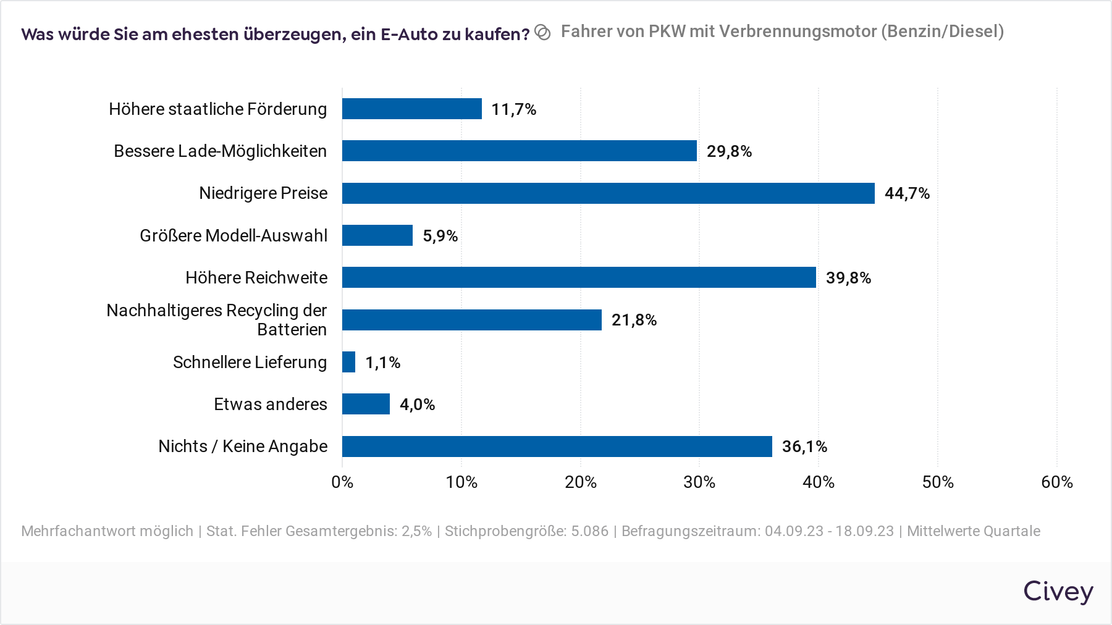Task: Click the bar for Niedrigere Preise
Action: pyautogui.click(x=608, y=193)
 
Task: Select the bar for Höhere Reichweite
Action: pyautogui.click(x=579, y=277)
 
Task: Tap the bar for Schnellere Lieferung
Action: pyautogui.click(x=349, y=362)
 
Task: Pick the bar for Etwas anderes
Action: pyautogui.click(x=366, y=404)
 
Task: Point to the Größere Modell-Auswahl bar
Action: pyautogui.click(x=377, y=235)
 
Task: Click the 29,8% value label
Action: pyautogui.click(x=729, y=151)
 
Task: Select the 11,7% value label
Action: pyautogui.click(x=513, y=109)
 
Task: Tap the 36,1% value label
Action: pyautogui.click(x=804, y=447)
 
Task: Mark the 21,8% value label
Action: pyautogui.click(x=634, y=320)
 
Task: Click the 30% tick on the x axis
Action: pyautogui.click(x=699, y=482)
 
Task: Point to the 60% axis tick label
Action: pyautogui.click(x=1056, y=482)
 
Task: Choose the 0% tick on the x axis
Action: pyautogui.click(x=342, y=482)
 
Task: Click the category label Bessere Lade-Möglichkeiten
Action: pyautogui.click(x=220, y=151)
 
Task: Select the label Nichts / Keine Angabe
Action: pyautogui.click(x=243, y=447)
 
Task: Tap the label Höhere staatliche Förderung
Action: pyautogui.click(x=217, y=109)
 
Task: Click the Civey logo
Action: pyautogui.click(x=1058, y=592)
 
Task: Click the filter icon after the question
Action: pyautogui.click(x=542, y=33)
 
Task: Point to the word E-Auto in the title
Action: pyautogui.click(x=409, y=34)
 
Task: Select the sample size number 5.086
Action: pyautogui.click(x=589, y=531)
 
